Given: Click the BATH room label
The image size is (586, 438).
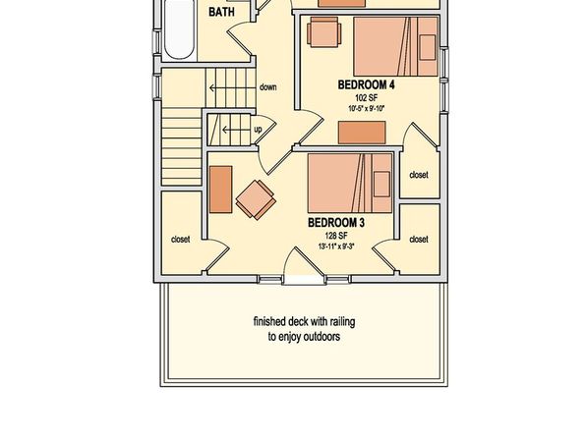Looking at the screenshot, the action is tap(221, 12).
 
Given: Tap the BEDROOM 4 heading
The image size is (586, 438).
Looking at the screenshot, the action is tap(366, 84).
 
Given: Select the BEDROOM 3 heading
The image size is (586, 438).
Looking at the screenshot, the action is tap(336, 223).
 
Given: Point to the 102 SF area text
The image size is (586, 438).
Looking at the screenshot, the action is tap(366, 98).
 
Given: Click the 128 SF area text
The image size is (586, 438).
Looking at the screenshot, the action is tap(336, 236).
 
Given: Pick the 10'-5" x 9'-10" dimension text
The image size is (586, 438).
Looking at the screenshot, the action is tap(366, 109).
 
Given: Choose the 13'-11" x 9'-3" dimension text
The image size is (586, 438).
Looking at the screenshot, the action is tap(336, 246).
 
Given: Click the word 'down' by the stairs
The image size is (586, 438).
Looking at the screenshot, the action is tap(268, 87).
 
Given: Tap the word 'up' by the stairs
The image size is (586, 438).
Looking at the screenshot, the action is tap(258, 130).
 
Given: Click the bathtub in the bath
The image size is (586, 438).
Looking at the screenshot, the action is tap(179, 29).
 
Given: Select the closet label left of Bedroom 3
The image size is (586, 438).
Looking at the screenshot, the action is tap(181, 239).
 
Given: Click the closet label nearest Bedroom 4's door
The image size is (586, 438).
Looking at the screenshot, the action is tap(419, 175).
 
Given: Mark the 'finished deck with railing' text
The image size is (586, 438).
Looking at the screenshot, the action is tap(304, 321).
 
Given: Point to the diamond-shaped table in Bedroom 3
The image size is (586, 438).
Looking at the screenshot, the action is tap(256, 200).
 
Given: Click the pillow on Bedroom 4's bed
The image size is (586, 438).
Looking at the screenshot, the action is tap(428, 47).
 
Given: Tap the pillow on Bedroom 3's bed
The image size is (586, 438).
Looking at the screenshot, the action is tap(381, 184).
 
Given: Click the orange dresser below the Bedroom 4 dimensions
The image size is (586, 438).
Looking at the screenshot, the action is tap(362, 133).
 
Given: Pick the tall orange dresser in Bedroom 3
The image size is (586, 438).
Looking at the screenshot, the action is tap(221, 190).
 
